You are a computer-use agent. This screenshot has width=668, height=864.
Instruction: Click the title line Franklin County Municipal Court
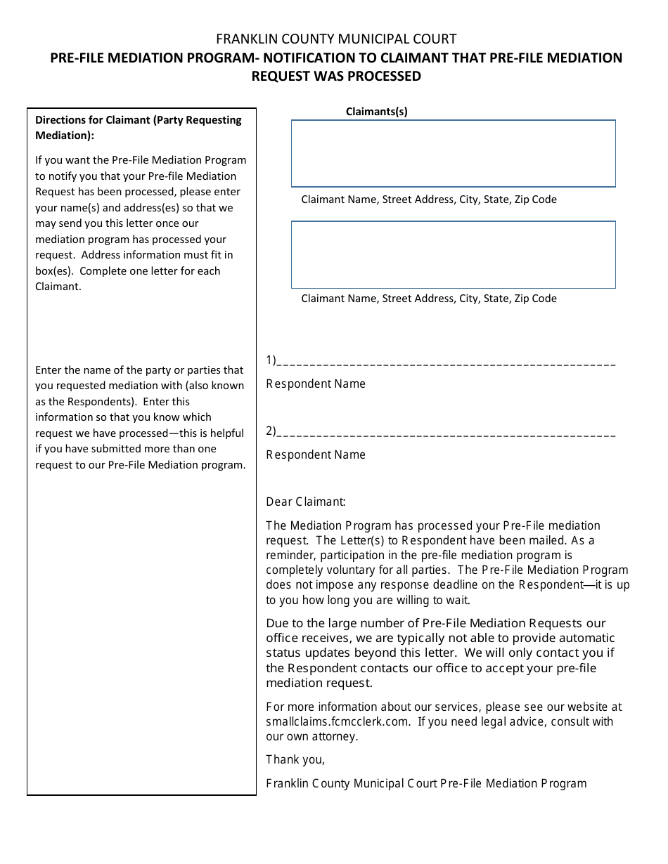click(x=336, y=39)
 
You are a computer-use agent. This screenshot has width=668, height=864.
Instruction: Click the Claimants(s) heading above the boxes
click(x=377, y=111)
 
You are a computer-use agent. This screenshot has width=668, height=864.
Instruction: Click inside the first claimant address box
click(x=454, y=153)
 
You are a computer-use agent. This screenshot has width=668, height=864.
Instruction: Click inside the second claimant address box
click(x=454, y=254)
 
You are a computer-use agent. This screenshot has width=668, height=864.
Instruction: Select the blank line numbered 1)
click(x=447, y=362)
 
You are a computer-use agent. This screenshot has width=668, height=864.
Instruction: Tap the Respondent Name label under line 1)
click(x=316, y=384)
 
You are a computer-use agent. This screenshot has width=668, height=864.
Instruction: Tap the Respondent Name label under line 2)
click(x=316, y=454)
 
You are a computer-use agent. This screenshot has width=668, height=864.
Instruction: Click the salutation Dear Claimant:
click(x=306, y=502)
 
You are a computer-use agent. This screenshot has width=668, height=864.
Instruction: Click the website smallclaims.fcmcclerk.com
click(x=337, y=721)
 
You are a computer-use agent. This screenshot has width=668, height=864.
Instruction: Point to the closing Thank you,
click(x=295, y=759)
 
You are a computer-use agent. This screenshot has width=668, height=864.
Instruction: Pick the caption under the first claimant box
click(x=429, y=199)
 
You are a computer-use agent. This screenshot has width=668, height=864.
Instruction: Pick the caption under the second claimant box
click(x=429, y=299)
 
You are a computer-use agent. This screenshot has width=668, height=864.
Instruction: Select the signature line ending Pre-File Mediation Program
click(x=426, y=783)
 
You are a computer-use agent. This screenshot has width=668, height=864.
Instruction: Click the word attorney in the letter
click(x=334, y=736)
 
